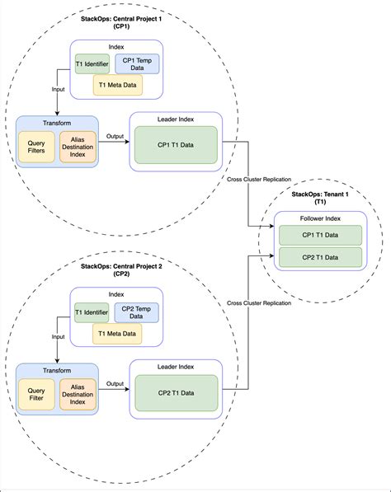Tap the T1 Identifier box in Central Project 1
tap(92, 63)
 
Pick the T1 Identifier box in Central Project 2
tap(92, 312)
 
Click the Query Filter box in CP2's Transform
tap(36, 395)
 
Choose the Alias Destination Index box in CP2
tap(78, 395)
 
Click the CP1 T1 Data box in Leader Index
tap(176, 145)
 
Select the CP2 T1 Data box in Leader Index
tap(176, 393)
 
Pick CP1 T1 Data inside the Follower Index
tap(320, 235)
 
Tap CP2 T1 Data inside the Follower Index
tap(320, 257)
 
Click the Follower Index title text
tap(320, 218)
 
